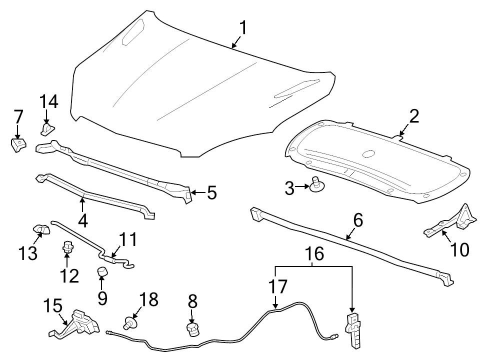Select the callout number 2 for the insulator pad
[x=414, y=116]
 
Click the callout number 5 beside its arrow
[x=211, y=192]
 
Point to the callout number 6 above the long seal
[x=358, y=220]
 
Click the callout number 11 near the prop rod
[x=127, y=240]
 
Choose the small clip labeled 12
[x=68, y=246]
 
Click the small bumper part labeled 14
[x=46, y=129]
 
